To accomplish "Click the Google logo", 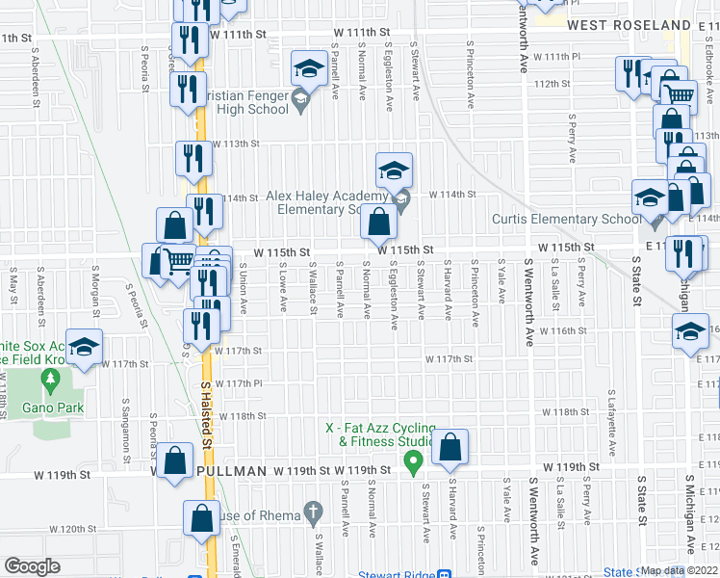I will tap(32, 566).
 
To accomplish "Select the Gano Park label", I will tap(54, 407).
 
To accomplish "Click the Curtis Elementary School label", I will tap(566, 219).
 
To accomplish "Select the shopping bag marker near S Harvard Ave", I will tap(450, 447).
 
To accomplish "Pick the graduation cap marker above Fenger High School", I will tap(309, 68).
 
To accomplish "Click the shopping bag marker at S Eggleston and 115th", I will tap(379, 224).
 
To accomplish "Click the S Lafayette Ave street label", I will tap(610, 424).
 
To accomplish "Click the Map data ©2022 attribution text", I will tap(680, 570).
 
